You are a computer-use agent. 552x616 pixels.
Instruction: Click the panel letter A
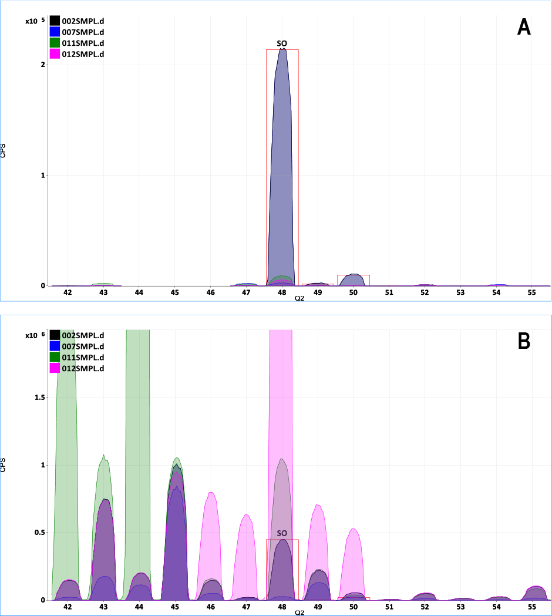coord(524,28)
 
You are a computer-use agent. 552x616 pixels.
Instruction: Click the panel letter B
coord(524,341)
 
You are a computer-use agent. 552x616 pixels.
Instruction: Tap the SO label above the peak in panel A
coord(282,43)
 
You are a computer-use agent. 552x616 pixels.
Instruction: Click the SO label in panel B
coord(282,533)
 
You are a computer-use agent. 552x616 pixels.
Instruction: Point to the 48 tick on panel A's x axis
coord(282,292)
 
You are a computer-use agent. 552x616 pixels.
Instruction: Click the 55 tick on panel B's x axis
coord(531,606)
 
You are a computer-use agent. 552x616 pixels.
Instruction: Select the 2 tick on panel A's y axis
coord(43,65)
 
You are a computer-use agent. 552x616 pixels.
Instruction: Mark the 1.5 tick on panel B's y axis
coord(41,397)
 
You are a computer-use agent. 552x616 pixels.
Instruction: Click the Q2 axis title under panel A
coord(299,299)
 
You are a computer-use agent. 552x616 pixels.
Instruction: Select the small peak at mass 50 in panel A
coord(354,280)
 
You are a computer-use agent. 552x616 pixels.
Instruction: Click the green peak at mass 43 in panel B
coord(104,499)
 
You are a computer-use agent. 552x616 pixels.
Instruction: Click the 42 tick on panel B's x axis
coord(68,606)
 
